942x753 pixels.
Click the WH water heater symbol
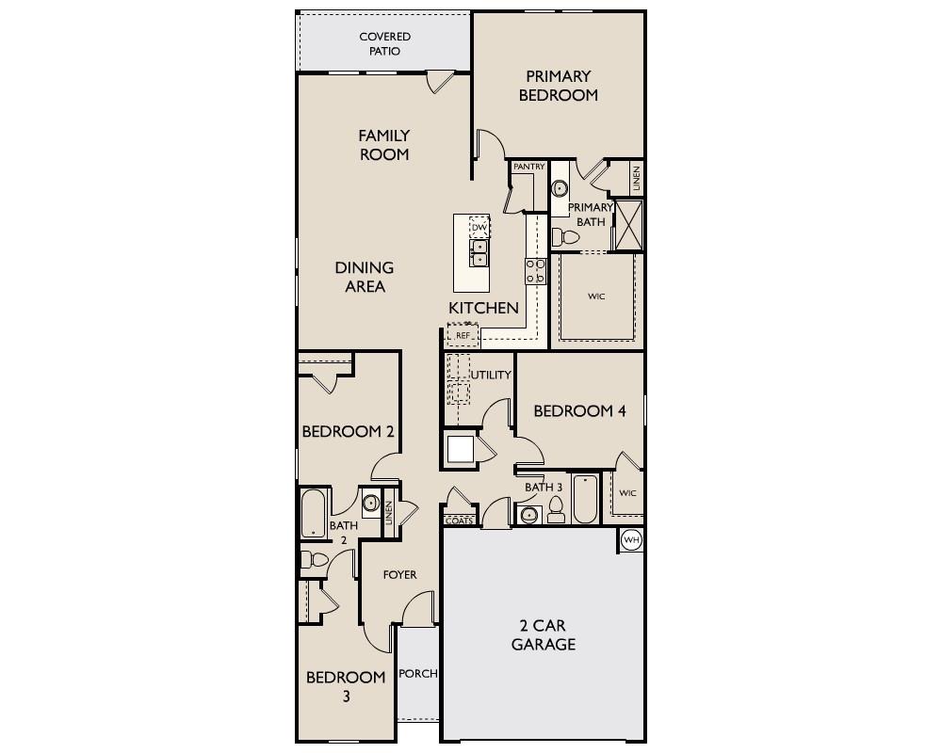click(x=631, y=540)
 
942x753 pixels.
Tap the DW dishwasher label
click(x=479, y=228)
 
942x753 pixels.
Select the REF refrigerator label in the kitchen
click(x=463, y=335)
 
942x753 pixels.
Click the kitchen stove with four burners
click(x=535, y=271)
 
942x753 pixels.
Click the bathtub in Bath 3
click(x=584, y=499)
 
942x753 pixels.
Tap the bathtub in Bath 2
click(x=313, y=515)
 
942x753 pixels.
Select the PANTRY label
click(x=528, y=167)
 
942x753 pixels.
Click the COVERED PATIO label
click(x=384, y=44)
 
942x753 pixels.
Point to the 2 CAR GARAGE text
click(x=544, y=635)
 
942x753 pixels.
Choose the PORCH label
click(x=417, y=674)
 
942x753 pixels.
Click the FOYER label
click(x=399, y=574)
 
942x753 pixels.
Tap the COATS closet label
click(x=458, y=521)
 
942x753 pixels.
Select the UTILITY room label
click(x=491, y=375)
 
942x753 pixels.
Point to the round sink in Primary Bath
click(x=560, y=188)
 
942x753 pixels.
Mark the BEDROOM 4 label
click(x=579, y=411)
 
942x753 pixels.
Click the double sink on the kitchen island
click(x=479, y=252)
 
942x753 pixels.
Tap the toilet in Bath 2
click(x=314, y=561)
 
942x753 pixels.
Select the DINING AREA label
click(x=365, y=278)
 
